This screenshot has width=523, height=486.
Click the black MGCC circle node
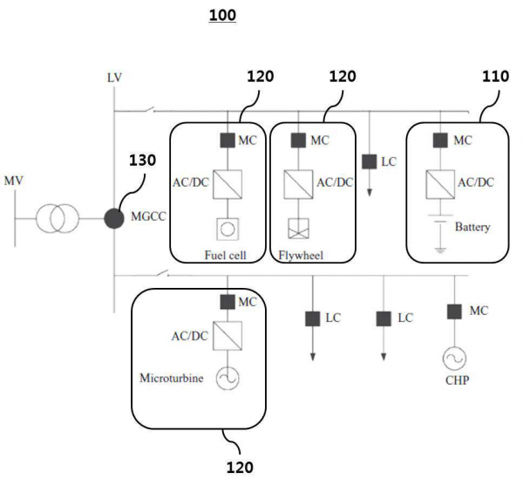[113, 217]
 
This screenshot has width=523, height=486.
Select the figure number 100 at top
[222, 15]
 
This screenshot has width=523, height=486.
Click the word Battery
[472, 228]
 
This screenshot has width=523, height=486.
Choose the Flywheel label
[300, 257]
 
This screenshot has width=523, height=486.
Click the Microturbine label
[171, 379]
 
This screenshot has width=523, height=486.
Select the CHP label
[454, 380]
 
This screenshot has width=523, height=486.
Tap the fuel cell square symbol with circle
[228, 229]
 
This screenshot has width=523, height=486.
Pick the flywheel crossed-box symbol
[298, 229]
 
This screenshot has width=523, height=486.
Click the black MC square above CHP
[454, 311]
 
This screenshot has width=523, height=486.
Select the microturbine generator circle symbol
[228, 378]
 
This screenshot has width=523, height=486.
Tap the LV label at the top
[114, 79]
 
